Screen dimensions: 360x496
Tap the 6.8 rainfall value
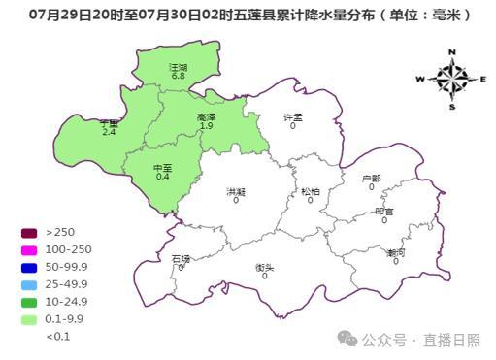point(178,76)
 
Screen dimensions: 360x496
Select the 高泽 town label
point(206,117)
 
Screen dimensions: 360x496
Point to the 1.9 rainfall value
point(206,126)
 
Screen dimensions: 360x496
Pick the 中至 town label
point(162,168)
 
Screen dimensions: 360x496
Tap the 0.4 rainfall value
point(162,177)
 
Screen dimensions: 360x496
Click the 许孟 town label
point(293,117)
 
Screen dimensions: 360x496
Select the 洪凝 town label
point(236,191)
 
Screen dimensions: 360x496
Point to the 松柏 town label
point(311,191)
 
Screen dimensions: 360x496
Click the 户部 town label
point(371,179)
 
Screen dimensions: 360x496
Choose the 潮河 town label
point(396,252)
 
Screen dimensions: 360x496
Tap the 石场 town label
point(181,259)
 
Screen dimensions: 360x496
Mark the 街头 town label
point(264,267)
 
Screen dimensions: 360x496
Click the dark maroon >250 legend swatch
point(29,232)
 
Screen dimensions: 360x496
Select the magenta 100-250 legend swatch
point(29,249)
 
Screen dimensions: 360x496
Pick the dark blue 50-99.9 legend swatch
point(29,267)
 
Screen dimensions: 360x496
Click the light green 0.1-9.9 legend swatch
point(29,319)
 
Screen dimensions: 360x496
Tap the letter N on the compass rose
point(452,52)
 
